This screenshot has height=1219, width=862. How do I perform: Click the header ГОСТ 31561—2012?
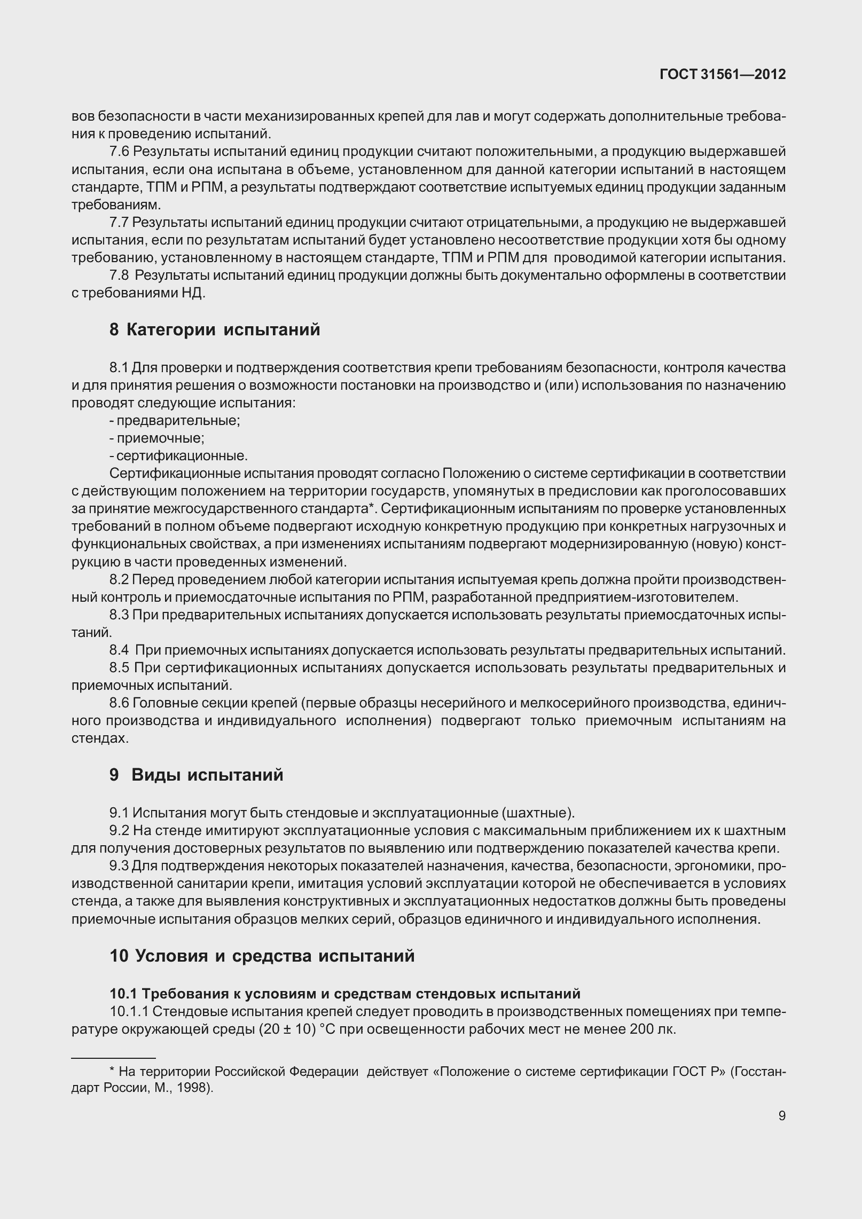(723, 75)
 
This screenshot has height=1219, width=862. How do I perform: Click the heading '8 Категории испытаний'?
(215, 329)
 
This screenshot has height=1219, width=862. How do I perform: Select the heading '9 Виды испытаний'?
(197, 775)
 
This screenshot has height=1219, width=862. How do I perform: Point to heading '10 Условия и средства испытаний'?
(262, 955)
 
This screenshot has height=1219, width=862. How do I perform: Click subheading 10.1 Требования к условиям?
(344, 994)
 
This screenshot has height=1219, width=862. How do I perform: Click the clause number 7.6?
(119, 152)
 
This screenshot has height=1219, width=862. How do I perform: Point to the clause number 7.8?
(119, 276)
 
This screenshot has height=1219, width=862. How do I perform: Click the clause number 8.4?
(119, 650)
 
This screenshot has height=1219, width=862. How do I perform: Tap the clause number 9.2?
(119, 830)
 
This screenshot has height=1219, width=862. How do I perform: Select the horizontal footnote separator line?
(113, 1058)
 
